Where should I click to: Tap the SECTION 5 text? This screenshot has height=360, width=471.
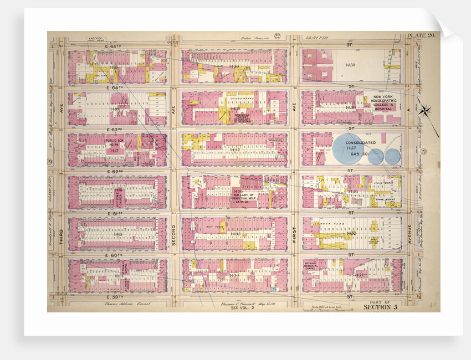click(x=381, y=307)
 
